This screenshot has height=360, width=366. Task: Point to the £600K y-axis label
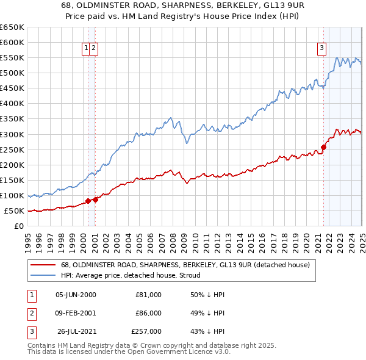pyautogui.click(x=12, y=42)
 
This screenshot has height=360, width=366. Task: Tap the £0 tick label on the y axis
pyautogui.click(x=19, y=226)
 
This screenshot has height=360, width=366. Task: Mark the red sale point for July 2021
pyautogui.click(x=324, y=147)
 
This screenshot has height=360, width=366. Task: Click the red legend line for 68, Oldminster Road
pyautogui.click(x=43, y=265)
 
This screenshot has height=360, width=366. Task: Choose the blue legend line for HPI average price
pyautogui.click(x=43, y=275)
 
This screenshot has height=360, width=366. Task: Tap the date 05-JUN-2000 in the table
pyautogui.click(x=76, y=295)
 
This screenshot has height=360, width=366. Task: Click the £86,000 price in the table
pyautogui.click(x=148, y=313)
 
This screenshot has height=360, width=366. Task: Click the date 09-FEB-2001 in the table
pyautogui.click(x=76, y=313)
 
